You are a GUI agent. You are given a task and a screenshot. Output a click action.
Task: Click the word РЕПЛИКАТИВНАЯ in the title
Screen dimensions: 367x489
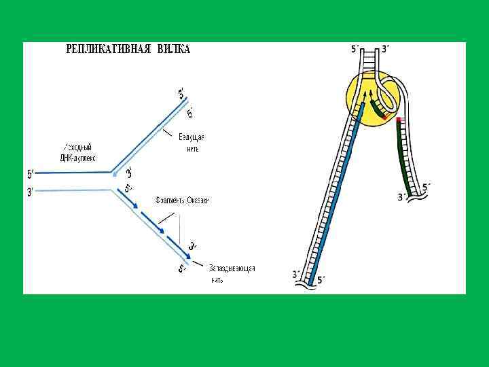(109, 50)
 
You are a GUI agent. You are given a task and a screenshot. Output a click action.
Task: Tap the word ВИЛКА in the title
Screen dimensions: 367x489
(174, 50)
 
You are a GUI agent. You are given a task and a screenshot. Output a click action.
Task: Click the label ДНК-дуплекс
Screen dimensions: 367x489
(78, 158)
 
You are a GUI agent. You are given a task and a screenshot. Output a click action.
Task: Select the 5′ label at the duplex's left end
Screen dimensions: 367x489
(30, 173)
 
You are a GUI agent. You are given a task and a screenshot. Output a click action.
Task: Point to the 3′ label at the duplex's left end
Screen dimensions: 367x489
(30, 192)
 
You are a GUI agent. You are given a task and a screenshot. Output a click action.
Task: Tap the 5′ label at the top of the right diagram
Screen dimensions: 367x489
(355, 49)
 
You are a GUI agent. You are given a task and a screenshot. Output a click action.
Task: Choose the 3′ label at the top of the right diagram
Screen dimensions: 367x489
(385, 49)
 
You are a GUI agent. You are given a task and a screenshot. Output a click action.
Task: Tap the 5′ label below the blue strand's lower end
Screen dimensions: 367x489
(321, 279)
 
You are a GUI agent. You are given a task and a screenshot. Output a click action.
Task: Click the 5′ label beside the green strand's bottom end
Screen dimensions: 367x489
(426, 186)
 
